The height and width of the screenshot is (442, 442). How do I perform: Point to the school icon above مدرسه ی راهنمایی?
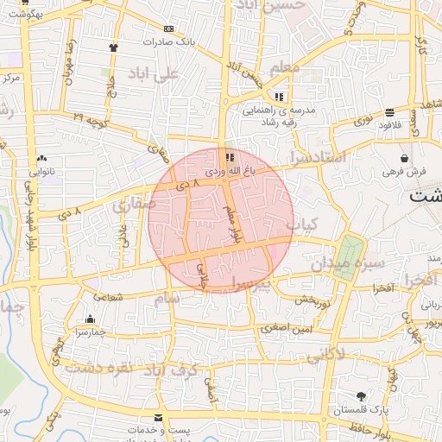[278, 97]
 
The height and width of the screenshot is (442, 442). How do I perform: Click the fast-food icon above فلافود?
[390, 112]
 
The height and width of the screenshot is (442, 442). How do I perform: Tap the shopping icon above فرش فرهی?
[405, 159]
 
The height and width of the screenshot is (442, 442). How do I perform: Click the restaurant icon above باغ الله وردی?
[230, 157]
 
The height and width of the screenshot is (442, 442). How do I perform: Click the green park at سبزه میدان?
[347, 256]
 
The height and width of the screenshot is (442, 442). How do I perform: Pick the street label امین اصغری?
[295, 328]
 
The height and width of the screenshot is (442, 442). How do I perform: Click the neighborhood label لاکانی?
[325, 352]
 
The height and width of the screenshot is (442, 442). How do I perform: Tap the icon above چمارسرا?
[91, 319]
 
